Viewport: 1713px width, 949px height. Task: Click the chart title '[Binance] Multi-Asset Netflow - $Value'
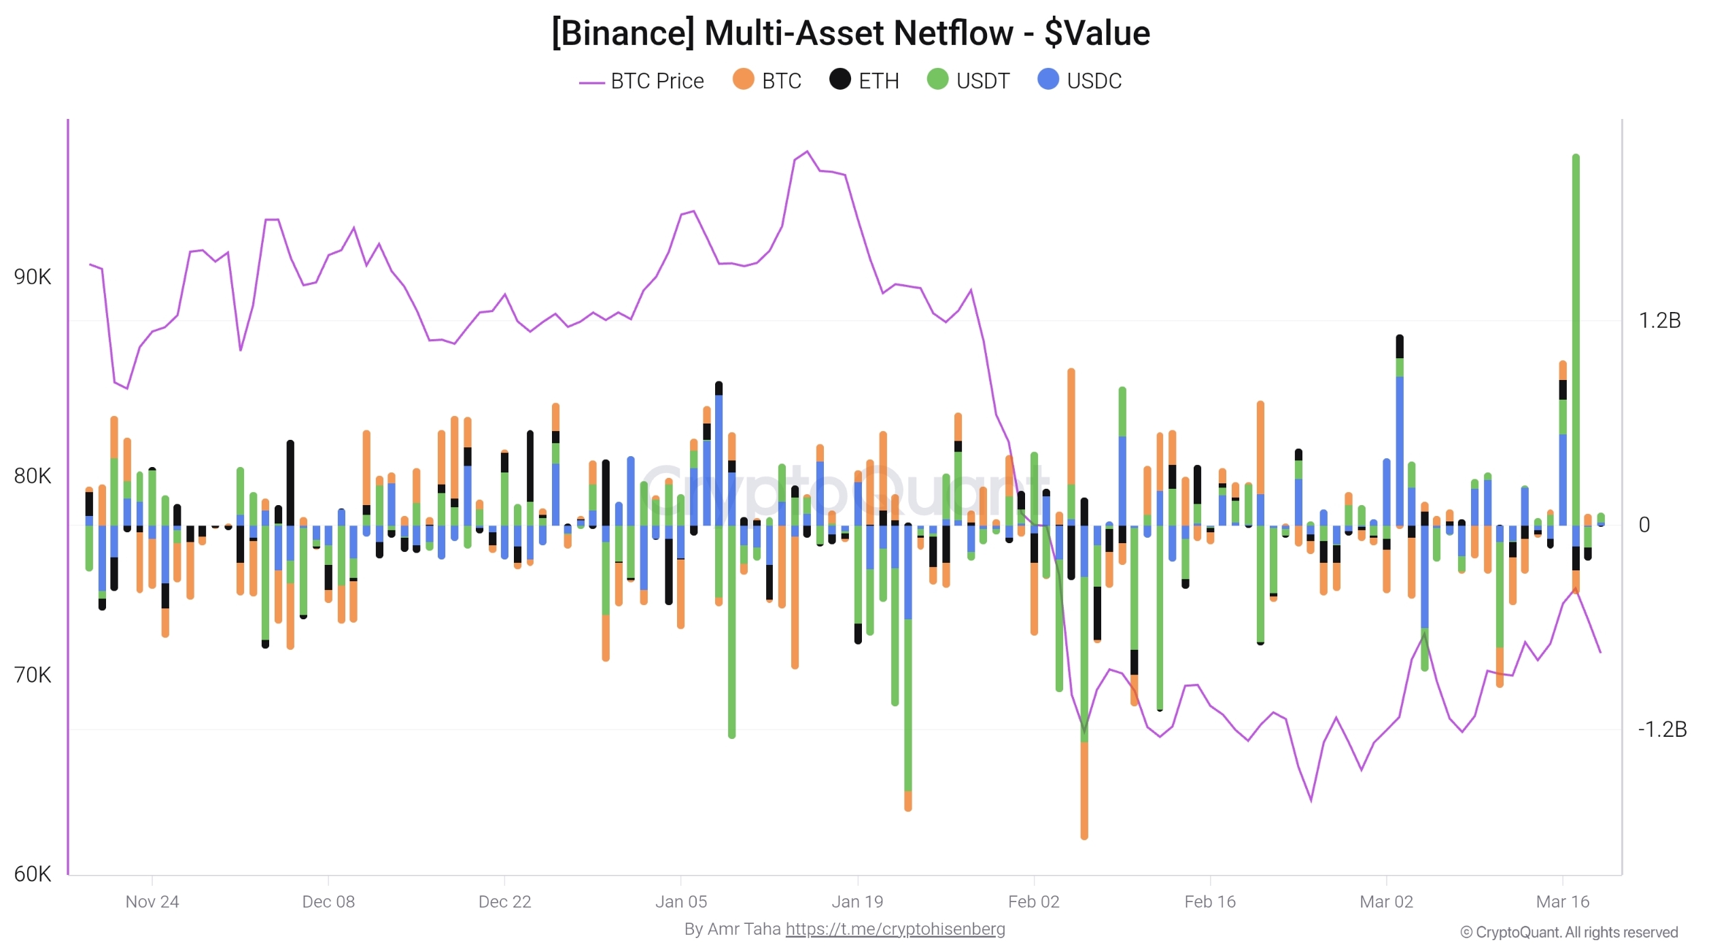point(850,33)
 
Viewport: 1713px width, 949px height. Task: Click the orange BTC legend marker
point(743,80)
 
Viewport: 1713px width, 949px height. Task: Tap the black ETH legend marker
point(840,80)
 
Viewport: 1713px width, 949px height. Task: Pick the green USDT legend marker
point(937,80)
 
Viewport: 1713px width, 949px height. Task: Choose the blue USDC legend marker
point(1048,80)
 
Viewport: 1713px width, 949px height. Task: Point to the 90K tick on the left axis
point(32,277)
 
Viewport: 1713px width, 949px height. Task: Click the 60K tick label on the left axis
point(32,874)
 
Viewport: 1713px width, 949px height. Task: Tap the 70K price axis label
point(32,676)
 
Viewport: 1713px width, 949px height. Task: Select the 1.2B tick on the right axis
point(1659,321)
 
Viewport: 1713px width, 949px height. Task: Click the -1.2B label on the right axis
point(1662,730)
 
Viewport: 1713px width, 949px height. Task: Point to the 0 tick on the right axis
point(1644,525)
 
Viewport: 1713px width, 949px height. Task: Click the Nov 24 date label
point(152,902)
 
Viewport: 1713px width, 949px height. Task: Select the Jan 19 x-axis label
point(857,902)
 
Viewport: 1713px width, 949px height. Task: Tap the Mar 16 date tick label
point(1563,902)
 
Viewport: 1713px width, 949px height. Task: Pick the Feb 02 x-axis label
point(1033,902)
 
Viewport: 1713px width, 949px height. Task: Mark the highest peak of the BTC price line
point(807,152)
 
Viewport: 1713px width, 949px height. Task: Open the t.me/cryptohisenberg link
point(895,929)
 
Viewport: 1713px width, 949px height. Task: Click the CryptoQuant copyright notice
point(1569,933)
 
